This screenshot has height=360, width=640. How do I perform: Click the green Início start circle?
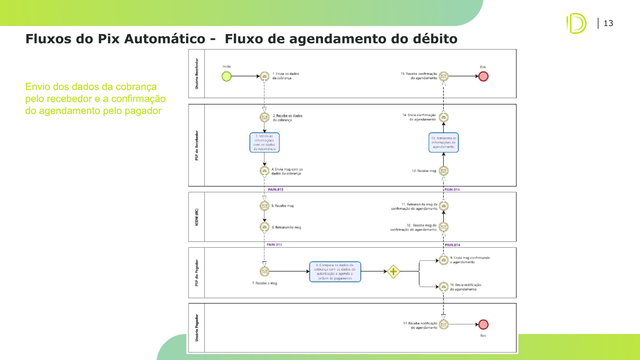point(227,76)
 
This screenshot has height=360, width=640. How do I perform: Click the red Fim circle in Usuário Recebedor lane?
point(483,76)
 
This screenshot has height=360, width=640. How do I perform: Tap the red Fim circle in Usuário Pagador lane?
point(483,324)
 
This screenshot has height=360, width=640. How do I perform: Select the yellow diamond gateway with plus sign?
point(393,271)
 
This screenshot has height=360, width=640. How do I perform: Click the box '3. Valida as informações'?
point(264,142)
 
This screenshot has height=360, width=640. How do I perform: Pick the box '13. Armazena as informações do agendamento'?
point(443,142)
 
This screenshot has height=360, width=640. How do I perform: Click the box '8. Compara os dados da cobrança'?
point(335,272)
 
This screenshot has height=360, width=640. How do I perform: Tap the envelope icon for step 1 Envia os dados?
point(264,76)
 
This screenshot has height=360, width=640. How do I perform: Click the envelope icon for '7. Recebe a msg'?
point(264,271)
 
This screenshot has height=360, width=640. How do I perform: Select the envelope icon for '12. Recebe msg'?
point(444,171)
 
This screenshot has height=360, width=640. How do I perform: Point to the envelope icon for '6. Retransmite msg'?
point(264,227)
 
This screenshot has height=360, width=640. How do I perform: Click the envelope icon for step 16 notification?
point(444,287)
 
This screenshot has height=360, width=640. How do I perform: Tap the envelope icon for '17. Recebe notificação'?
point(444,324)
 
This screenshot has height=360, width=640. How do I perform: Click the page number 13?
point(608,23)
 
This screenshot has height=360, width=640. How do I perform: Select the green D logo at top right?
point(576,23)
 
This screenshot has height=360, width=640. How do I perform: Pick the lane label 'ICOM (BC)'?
point(197,217)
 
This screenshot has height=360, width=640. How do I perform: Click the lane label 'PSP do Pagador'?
point(197,273)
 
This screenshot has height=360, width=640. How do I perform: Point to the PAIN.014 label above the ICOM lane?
point(452,190)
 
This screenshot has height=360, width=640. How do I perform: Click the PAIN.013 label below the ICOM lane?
point(274,245)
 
